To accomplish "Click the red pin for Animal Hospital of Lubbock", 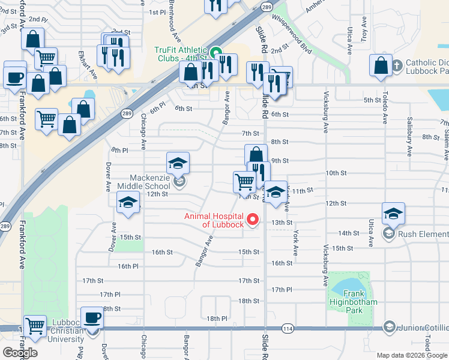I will tap(253, 220).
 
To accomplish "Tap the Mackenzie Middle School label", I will tap(149, 182).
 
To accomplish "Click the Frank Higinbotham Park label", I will tap(352, 298).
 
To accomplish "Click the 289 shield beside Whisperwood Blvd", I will tap(267, 7).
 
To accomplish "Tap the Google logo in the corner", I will tap(20, 352).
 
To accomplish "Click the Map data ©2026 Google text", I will tap(412, 355).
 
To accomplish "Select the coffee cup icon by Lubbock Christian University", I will tap(92, 317).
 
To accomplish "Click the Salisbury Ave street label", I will tap(410, 136).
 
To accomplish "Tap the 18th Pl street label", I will tap(217, 318).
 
